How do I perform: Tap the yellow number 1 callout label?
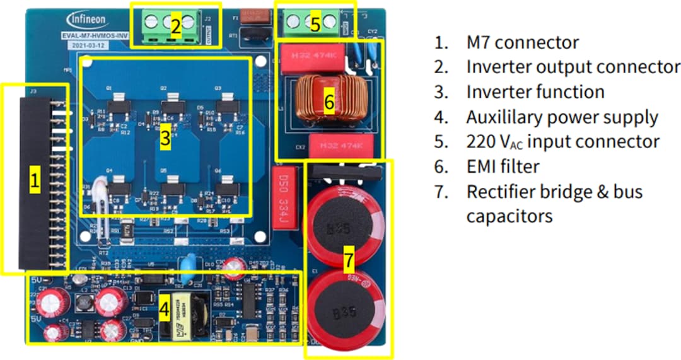click(x=35, y=182)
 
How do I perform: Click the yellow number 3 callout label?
click(x=165, y=139)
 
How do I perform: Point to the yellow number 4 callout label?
click(x=164, y=310)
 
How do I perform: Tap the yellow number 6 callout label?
click(x=329, y=102)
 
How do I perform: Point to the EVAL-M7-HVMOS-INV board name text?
click(x=89, y=37)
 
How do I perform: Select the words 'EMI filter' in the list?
click(x=503, y=166)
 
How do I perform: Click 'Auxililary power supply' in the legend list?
click(x=562, y=117)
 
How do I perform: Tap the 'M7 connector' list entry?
click(x=522, y=42)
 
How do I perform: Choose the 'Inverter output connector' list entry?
click(x=573, y=67)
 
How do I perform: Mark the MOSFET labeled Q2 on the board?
click(x=170, y=103)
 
